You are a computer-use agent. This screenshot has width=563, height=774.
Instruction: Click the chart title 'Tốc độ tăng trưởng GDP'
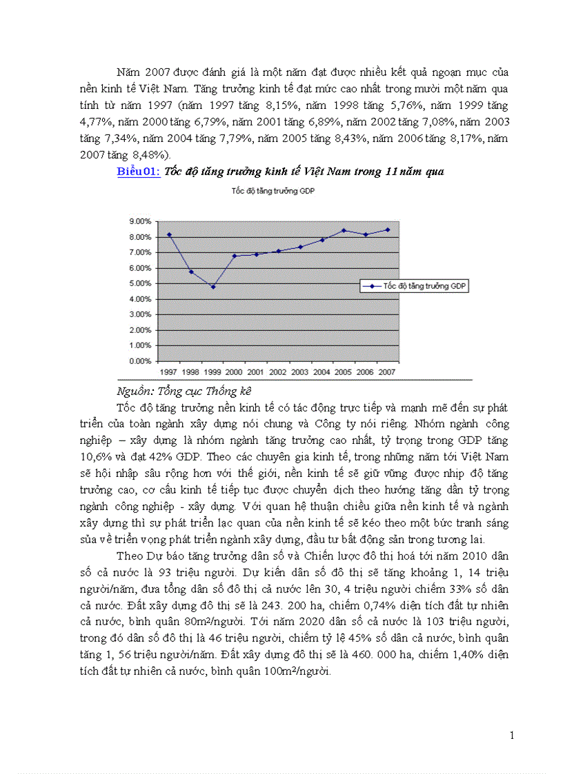[x=273, y=192]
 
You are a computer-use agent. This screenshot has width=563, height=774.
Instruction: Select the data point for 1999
[x=213, y=287]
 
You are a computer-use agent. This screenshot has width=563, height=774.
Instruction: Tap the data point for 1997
[x=169, y=234]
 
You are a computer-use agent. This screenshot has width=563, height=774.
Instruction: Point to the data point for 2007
[x=388, y=230]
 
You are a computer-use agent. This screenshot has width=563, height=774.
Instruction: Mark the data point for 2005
[x=344, y=230]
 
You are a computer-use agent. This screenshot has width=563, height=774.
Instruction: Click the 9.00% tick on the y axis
[x=140, y=221]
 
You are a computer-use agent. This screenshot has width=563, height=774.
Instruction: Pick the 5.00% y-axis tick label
[x=140, y=283]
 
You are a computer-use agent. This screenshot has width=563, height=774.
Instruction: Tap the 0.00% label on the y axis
[x=140, y=360]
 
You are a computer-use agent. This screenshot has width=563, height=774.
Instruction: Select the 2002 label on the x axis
[x=278, y=372]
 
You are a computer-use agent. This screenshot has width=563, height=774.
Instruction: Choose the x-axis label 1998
[x=191, y=372]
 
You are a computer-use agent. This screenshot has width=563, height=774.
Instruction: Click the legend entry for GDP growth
[x=415, y=286]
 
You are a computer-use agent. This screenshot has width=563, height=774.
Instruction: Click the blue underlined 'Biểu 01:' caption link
[x=139, y=172]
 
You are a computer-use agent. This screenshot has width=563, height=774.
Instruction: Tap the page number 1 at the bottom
[x=512, y=735]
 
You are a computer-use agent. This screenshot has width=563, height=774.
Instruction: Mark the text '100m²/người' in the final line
[x=303, y=671]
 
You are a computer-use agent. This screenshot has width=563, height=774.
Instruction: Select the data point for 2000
[x=235, y=256]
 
